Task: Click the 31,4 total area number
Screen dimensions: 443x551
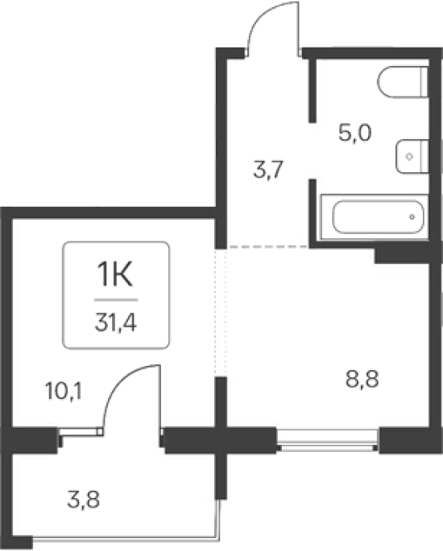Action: pyautogui.click(x=115, y=323)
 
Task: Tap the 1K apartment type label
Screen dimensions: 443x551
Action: pyautogui.click(x=114, y=275)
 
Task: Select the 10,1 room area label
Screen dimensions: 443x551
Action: pyautogui.click(x=64, y=391)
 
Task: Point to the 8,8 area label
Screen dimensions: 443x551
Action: pyautogui.click(x=362, y=379)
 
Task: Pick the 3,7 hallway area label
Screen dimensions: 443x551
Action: pyautogui.click(x=268, y=170)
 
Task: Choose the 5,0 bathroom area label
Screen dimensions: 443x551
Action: pyautogui.click(x=354, y=133)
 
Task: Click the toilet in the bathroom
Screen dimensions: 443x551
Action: pyautogui.click(x=403, y=82)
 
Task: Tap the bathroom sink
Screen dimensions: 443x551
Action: pyautogui.click(x=412, y=156)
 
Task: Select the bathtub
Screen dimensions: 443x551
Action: pyautogui.click(x=375, y=217)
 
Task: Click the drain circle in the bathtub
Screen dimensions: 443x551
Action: pyautogui.click(x=412, y=217)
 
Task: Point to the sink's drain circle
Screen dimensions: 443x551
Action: pyautogui.click(x=409, y=156)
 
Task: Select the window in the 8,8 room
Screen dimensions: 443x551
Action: pyautogui.click(x=328, y=440)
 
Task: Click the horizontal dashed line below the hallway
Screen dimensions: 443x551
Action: pyautogui.click(x=267, y=247)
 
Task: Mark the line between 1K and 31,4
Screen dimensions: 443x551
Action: pyautogui.click(x=116, y=300)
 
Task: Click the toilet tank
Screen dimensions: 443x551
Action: pyautogui.click(x=424, y=82)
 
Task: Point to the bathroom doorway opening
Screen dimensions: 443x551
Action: pyautogui.click(x=313, y=150)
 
